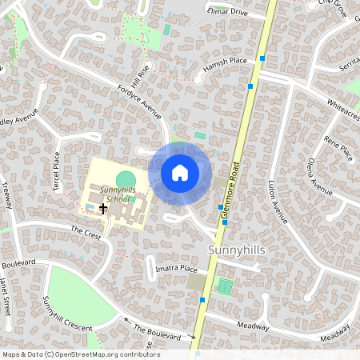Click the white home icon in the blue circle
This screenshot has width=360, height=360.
[x=180, y=173]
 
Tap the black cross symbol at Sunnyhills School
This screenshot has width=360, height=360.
[x=102, y=208]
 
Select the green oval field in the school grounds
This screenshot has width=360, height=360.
[x=126, y=178]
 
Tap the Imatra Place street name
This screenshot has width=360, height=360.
[x=177, y=269]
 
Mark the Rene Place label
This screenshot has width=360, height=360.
[x=338, y=148]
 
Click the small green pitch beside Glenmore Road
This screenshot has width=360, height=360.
[x=226, y=286]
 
